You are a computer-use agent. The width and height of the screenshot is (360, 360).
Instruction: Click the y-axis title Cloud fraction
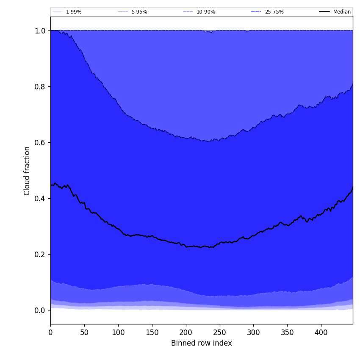click(x=27, y=171)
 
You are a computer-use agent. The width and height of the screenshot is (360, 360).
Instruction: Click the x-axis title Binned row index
click(x=202, y=343)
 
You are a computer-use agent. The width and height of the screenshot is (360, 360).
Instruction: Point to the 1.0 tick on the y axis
click(x=40, y=31)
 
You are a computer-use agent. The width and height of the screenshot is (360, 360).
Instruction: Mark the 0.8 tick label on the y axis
click(x=40, y=87)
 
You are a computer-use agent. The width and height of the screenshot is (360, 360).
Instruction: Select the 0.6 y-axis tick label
click(x=40, y=143)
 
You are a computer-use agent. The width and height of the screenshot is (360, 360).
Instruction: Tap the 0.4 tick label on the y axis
click(x=40, y=199)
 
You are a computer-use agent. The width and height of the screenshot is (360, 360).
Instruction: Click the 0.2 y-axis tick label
click(x=40, y=255)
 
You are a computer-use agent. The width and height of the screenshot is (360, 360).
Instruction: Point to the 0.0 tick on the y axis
click(x=40, y=310)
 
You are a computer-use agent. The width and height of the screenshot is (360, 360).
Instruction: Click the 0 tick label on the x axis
click(x=50, y=332)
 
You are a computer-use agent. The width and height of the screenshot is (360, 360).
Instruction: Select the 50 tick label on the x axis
click(x=84, y=332)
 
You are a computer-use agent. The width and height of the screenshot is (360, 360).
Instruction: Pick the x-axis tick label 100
click(x=118, y=332)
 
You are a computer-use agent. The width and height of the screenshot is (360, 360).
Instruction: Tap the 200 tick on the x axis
click(x=186, y=332)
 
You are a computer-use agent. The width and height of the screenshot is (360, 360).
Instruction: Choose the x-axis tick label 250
click(x=220, y=332)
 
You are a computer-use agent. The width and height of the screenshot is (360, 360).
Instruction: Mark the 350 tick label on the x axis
click(x=287, y=332)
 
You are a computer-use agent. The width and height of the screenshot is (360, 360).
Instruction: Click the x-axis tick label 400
click(x=321, y=332)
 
